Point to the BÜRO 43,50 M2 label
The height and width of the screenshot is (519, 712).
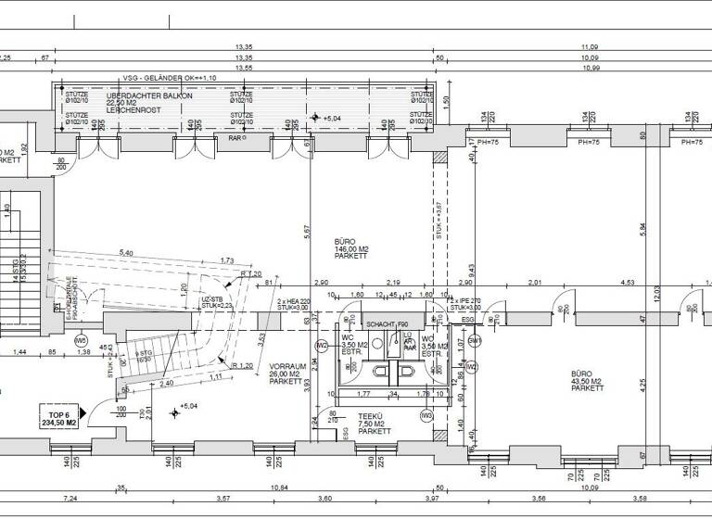(x=587, y=380)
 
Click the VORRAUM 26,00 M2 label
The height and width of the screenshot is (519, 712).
(x=287, y=373)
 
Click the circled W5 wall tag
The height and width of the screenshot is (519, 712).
(x=81, y=340)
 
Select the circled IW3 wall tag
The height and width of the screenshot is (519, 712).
(x=426, y=416)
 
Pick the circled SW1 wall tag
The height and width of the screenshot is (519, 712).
(x=475, y=341)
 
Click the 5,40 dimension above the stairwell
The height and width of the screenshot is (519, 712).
(x=126, y=253)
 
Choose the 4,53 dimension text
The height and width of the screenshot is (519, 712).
(x=628, y=283)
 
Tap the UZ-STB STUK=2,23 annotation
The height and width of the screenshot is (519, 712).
(x=214, y=302)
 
